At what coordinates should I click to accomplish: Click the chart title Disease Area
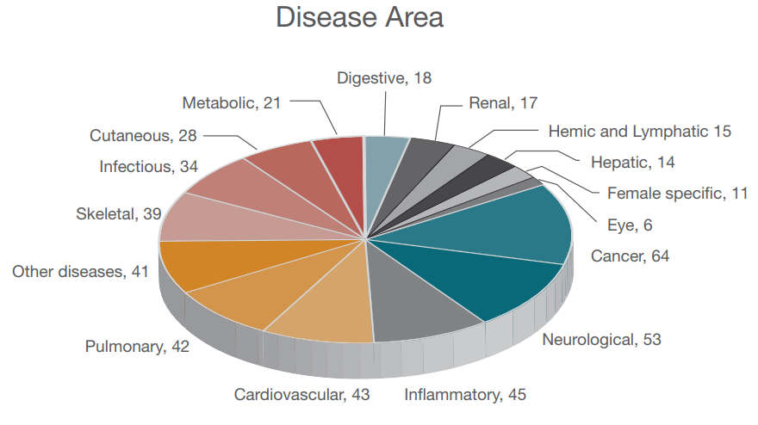tap(359, 17)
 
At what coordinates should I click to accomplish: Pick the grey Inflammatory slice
tap(413, 301)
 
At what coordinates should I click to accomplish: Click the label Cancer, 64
tap(630, 256)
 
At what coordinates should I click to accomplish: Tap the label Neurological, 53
tap(601, 339)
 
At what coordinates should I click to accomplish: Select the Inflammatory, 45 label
tap(465, 395)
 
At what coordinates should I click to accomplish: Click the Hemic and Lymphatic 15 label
tap(639, 132)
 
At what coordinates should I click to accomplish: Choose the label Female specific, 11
tap(677, 194)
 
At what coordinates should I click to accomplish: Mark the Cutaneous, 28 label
tap(144, 136)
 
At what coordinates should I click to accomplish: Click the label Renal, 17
tap(503, 103)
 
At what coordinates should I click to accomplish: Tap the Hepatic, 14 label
tap(633, 163)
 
